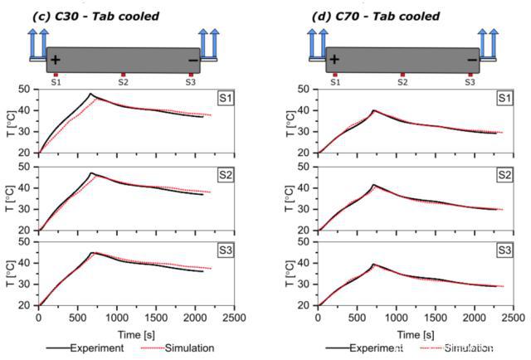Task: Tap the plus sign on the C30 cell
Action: (56, 60)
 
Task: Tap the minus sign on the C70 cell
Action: (472, 60)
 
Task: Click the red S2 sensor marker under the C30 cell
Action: (123, 75)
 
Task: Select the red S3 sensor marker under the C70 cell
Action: (470, 75)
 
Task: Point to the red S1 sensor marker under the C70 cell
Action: (335, 75)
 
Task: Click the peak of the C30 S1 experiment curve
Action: (90, 94)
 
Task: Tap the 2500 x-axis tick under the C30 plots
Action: (235, 317)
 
